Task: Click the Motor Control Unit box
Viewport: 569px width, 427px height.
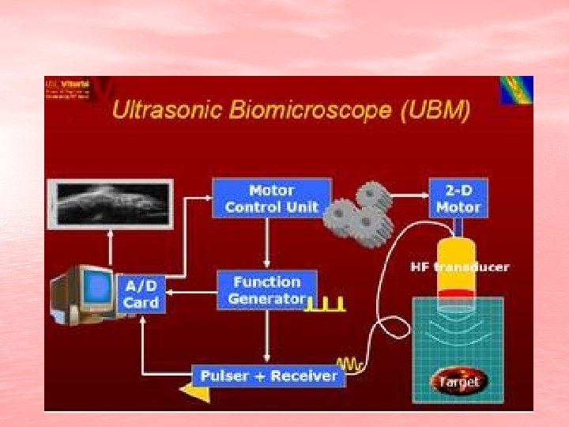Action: pos(271,198)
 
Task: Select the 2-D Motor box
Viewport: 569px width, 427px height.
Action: pos(458,198)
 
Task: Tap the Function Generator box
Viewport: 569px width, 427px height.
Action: pos(266,290)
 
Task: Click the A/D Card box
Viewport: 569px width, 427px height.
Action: pos(141,293)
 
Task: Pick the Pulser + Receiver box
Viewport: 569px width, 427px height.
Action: pos(269,376)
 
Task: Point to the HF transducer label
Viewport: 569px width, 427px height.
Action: pos(460,266)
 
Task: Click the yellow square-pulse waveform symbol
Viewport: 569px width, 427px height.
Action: pos(326,303)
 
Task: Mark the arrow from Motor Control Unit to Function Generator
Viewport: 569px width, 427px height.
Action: pos(268,242)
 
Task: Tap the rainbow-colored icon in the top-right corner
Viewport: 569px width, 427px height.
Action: pos(516,90)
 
